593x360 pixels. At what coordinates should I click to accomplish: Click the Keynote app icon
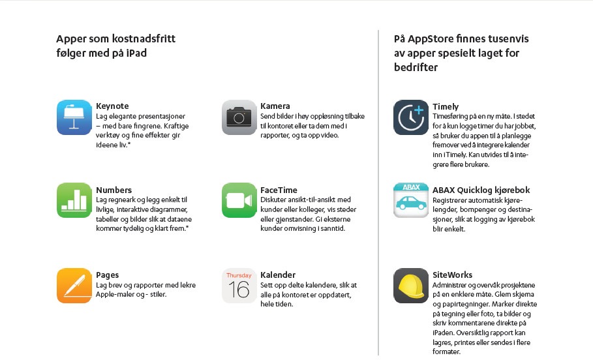click(74, 117)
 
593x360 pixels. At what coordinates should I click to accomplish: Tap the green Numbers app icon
click(74, 200)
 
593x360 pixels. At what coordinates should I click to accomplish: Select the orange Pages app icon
click(74, 286)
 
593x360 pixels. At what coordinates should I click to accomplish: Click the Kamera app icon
click(239, 117)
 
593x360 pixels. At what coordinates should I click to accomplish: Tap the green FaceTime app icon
click(239, 200)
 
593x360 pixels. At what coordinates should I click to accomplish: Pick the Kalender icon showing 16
click(239, 286)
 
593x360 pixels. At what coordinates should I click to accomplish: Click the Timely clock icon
click(411, 117)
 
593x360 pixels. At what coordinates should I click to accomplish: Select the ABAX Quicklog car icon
click(411, 200)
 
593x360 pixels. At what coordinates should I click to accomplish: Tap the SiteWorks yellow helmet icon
click(411, 286)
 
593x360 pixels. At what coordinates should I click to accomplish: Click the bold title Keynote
click(112, 106)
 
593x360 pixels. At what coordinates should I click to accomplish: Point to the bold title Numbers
click(114, 190)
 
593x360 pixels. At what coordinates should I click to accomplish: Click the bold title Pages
click(108, 275)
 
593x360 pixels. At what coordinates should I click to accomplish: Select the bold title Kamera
click(275, 106)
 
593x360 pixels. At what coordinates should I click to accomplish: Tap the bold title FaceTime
click(279, 190)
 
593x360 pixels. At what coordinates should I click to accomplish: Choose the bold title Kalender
click(278, 275)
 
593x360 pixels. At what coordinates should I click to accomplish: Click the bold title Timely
click(446, 106)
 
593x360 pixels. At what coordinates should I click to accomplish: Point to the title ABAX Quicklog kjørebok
click(481, 190)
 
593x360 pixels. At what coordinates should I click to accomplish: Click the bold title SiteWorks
click(453, 275)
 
